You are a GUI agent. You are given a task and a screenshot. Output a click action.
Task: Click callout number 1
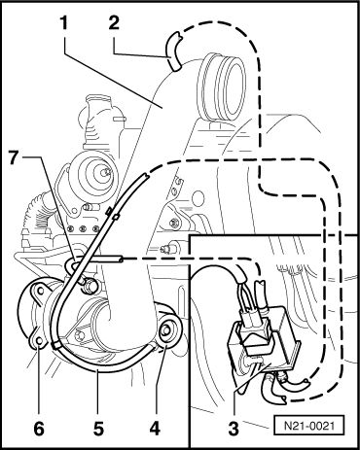(64, 23)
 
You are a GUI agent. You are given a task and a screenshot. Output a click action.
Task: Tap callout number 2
(114, 23)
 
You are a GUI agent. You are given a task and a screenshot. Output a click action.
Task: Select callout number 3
(234, 428)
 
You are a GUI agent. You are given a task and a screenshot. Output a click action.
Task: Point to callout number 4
(156, 428)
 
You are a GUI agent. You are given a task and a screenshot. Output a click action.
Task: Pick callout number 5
(98, 428)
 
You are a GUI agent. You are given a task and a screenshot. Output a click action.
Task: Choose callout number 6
(39, 428)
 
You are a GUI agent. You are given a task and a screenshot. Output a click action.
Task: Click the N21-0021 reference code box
(309, 425)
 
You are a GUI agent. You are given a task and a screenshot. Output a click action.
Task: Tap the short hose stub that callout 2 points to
(174, 52)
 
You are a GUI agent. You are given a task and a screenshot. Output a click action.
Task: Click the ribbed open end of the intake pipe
(223, 87)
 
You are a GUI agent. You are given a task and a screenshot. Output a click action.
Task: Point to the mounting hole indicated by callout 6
(39, 340)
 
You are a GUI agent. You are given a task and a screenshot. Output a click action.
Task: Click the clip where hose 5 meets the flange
(55, 345)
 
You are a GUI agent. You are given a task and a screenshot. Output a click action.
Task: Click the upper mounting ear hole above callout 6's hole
(41, 291)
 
